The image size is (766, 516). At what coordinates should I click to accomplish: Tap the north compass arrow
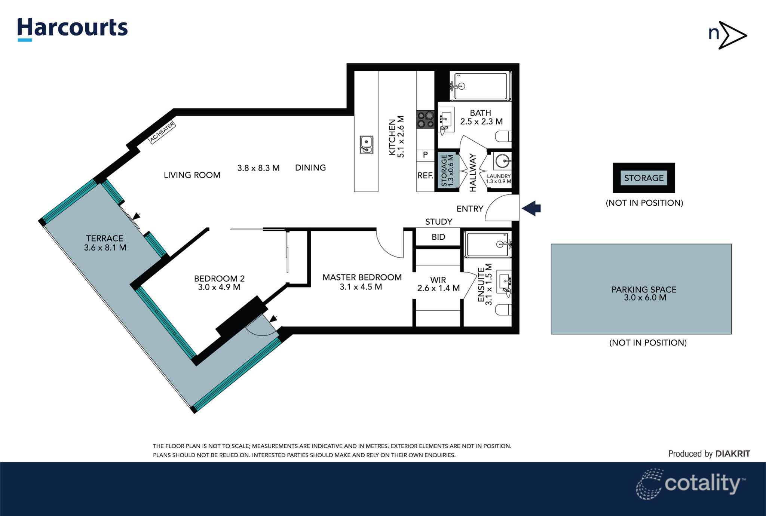pos(732,35)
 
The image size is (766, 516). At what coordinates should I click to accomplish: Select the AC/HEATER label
pos(162,132)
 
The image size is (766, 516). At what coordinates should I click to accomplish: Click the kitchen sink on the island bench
pos(366,145)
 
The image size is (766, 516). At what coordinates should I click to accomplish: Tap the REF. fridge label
pos(425,175)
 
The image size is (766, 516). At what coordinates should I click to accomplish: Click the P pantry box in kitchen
pos(425,155)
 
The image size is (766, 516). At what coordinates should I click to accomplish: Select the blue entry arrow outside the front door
pos(531,208)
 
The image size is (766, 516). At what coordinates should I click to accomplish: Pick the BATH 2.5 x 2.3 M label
pos(481,117)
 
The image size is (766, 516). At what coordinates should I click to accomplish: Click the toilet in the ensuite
pos(503,310)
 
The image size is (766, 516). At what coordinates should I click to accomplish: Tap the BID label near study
pos(438,237)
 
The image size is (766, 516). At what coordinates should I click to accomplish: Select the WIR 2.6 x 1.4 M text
pos(438,284)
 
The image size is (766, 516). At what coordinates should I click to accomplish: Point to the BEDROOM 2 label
pos(219,283)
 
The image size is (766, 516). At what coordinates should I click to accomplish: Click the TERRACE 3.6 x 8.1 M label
pos(105,243)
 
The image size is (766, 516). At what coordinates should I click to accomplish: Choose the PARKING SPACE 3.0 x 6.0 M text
pos(644,293)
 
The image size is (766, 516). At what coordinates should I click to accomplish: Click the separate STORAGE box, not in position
pos(644,178)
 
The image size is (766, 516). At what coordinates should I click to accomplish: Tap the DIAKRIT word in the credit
pos(732,454)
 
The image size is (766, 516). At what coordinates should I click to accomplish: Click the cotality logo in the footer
pos(690,484)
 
